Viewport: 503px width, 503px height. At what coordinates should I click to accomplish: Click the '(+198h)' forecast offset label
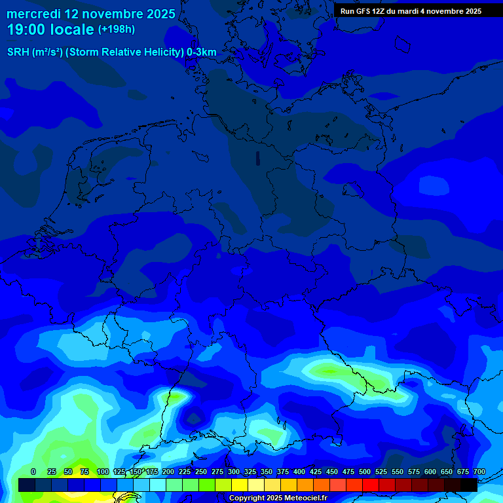tap(117, 29)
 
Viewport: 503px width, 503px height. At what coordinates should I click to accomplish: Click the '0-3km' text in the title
tap(201, 52)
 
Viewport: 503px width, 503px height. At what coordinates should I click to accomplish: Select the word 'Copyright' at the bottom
tap(247, 498)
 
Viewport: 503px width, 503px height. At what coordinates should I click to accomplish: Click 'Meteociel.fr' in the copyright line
tap(307, 498)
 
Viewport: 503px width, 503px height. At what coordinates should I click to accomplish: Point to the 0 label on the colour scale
tap(33, 472)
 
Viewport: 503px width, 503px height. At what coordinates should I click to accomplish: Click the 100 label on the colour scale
tap(103, 472)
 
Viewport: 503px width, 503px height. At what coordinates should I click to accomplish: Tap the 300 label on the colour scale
tap(234, 472)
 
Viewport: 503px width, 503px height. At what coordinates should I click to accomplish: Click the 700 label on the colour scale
tap(479, 472)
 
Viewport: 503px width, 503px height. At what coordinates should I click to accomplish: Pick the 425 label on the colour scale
tap(316, 472)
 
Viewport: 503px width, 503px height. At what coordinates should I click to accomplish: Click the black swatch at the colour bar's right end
tap(469, 485)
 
